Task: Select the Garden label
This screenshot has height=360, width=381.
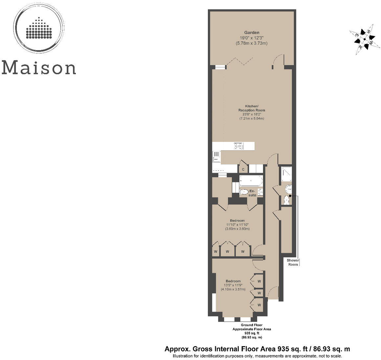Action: pos(252,33)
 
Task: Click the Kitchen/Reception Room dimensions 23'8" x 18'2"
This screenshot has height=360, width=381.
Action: pos(252,114)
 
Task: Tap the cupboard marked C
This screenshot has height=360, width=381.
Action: pos(243,169)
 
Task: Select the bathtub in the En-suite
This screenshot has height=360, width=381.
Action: pos(251,181)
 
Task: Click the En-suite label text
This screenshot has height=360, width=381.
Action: pos(252,193)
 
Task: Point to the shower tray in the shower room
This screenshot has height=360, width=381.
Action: pos(286,174)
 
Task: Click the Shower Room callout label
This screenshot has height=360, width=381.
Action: pos(293,262)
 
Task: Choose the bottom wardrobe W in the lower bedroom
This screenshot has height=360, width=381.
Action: pos(259,305)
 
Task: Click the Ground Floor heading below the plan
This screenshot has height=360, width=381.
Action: pos(252,325)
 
